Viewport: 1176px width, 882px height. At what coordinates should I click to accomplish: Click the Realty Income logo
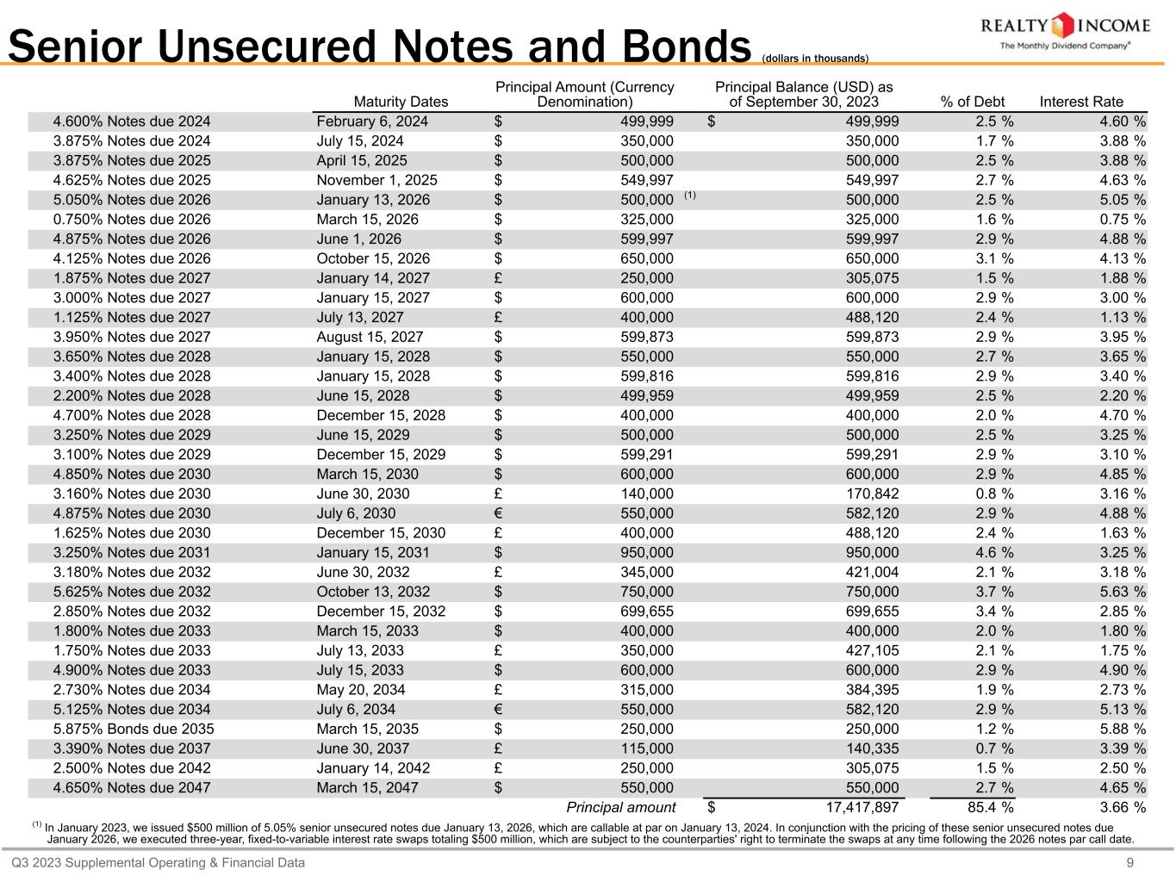click(1065, 32)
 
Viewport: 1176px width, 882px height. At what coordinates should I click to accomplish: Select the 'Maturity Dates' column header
click(401, 102)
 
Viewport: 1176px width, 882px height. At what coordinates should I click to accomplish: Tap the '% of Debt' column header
click(973, 102)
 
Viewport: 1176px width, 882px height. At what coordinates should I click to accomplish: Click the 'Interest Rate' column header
click(1081, 102)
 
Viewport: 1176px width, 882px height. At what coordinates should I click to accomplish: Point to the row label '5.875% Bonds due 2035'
click(134, 729)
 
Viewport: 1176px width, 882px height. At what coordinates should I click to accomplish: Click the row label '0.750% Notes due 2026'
click(132, 219)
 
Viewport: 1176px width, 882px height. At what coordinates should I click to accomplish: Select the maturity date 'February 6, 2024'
click(372, 121)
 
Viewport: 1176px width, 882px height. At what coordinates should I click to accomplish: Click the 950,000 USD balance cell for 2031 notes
click(872, 552)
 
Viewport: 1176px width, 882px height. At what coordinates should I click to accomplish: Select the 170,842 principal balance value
click(872, 494)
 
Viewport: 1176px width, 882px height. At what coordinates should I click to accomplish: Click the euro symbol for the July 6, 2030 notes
click(499, 513)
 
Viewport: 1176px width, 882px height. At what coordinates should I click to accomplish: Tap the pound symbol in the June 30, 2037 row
click(499, 748)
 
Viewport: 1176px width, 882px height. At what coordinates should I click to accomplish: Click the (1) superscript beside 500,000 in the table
click(690, 196)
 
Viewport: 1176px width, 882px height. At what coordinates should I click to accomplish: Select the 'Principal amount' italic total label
click(620, 807)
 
